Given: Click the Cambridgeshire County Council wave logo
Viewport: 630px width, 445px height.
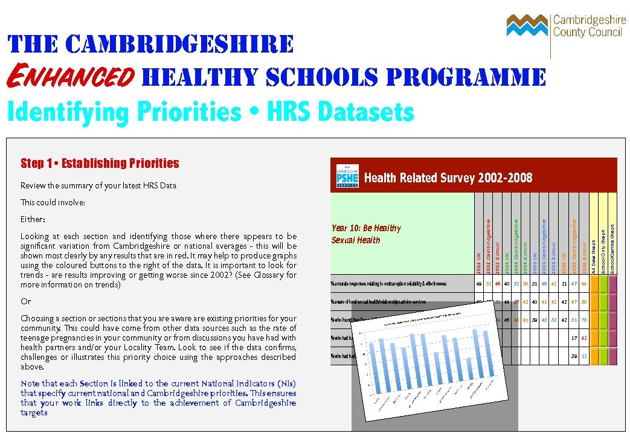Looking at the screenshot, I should (527, 25).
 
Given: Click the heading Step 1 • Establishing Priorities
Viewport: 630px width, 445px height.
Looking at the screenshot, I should (100, 163).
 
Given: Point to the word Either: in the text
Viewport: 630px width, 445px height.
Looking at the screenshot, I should (33, 219).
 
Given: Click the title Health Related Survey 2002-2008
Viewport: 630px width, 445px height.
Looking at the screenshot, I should (448, 178).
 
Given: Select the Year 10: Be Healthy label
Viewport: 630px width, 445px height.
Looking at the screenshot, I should (366, 228).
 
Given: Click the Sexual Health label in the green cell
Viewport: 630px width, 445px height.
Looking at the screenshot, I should (356, 240).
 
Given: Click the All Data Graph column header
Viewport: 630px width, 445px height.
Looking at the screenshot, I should (594, 248).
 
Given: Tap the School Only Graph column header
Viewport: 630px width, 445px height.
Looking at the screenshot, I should (603, 248).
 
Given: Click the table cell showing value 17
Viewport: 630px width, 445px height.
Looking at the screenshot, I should (574, 338).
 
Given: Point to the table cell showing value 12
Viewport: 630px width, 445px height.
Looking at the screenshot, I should (583, 356).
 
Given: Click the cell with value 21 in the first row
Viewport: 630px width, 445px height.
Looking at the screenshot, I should (564, 283).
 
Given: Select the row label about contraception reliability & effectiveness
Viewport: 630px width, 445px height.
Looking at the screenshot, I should (388, 283).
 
